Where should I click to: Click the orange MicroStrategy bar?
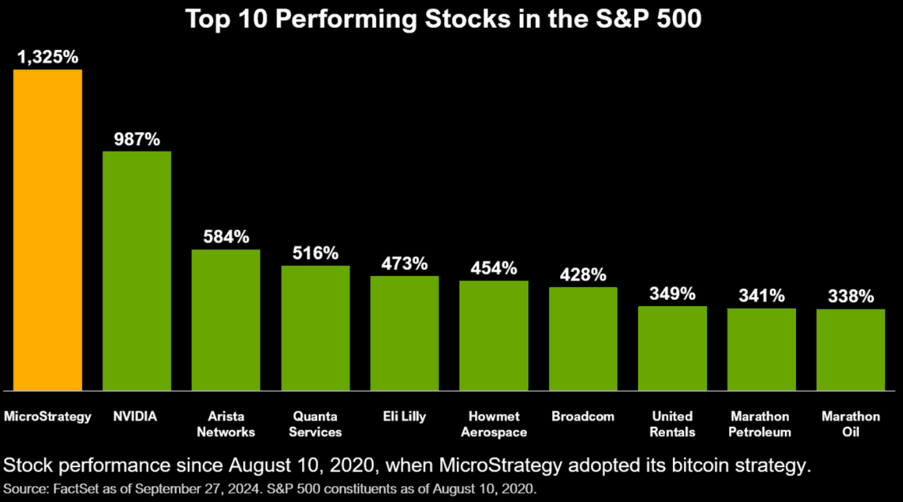(x=47, y=230)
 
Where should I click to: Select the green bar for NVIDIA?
(x=137, y=271)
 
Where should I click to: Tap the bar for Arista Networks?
(x=226, y=320)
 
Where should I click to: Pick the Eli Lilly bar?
(x=405, y=333)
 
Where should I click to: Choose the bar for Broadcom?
(x=583, y=339)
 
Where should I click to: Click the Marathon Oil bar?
(x=850, y=350)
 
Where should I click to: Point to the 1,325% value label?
(x=48, y=58)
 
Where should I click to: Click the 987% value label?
(x=137, y=139)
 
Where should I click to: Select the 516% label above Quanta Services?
(x=315, y=253)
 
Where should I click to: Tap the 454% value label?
(x=494, y=268)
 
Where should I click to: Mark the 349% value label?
(x=672, y=293)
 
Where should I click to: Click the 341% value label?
(x=762, y=296)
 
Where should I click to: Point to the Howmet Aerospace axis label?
(x=494, y=424)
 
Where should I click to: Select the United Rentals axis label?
(x=672, y=424)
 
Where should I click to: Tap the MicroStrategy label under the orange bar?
(x=48, y=416)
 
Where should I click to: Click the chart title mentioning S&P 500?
(x=443, y=19)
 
